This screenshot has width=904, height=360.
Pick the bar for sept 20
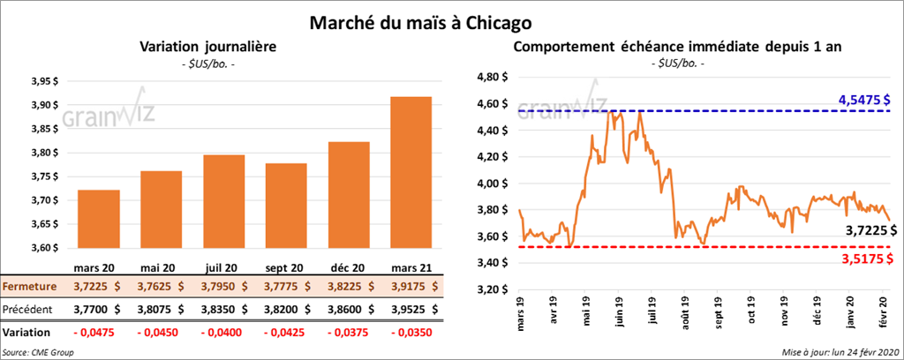click(x=285, y=206)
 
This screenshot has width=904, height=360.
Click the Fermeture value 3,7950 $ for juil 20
click(x=224, y=286)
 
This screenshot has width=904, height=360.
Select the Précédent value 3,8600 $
click(x=350, y=309)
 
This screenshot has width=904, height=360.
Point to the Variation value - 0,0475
click(x=98, y=332)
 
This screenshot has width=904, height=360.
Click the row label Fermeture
click(x=31, y=286)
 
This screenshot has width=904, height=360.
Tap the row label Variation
click(x=26, y=332)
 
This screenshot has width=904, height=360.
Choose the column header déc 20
click(x=348, y=266)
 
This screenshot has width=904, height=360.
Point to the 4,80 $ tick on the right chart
click(x=492, y=77)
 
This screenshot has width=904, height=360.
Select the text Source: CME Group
click(x=38, y=352)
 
